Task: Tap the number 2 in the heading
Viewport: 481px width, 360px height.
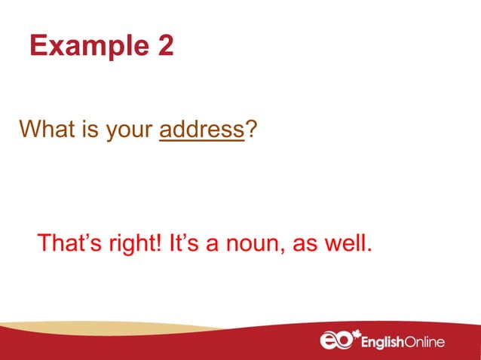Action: click(165, 47)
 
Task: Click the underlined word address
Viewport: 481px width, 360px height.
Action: click(202, 130)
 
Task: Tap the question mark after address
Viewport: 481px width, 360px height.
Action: click(250, 130)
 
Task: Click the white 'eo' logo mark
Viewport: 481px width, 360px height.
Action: click(335, 341)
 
